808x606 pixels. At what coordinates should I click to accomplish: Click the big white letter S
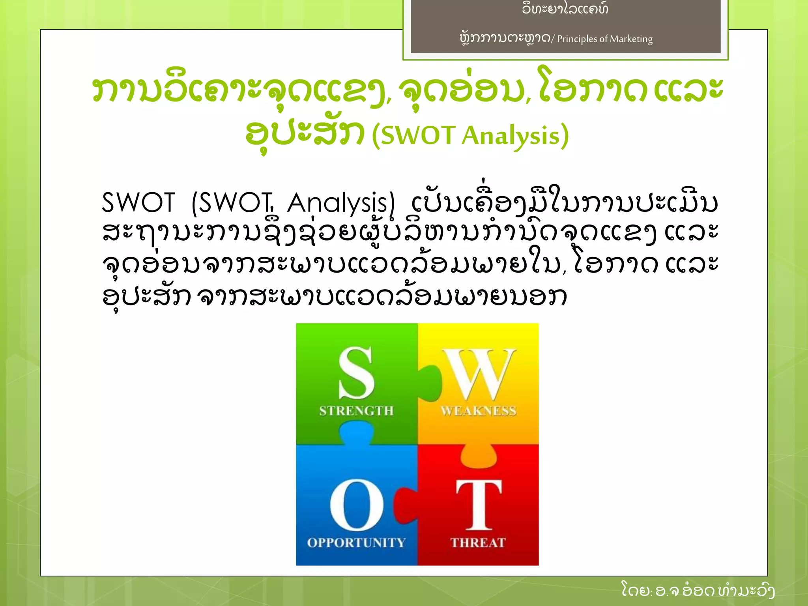point(356,373)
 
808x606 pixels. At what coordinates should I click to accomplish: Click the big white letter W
point(478,374)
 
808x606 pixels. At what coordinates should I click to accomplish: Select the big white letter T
point(479,505)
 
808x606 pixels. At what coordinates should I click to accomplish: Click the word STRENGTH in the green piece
point(356,411)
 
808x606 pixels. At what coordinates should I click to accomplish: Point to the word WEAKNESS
point(478,411)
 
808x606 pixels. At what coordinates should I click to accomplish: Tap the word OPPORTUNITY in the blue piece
point(356,542)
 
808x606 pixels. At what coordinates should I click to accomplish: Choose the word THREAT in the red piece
point(478,542)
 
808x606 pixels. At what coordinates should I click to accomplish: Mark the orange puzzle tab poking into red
point(478,456)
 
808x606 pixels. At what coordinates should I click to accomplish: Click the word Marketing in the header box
point(631,39)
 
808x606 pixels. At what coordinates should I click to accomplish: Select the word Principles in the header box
point(577,39)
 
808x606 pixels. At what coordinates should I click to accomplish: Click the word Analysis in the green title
point(511,135)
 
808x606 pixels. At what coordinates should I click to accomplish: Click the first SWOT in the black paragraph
point(138,203)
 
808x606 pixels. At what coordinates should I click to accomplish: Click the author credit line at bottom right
point(698,590)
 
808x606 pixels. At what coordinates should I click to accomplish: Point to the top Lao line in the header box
point(565,8)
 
